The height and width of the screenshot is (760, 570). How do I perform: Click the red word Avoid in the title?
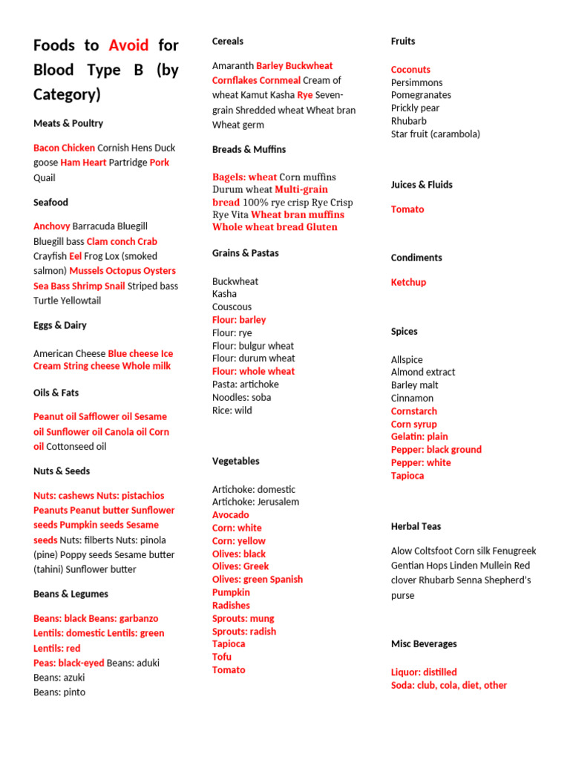(128, 45)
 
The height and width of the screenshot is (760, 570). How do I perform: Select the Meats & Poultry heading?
(68, 123)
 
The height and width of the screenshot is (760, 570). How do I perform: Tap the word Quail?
(45, 177)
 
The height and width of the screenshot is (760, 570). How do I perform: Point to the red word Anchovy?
(52, 226)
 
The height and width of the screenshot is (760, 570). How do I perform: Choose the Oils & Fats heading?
(56, 393)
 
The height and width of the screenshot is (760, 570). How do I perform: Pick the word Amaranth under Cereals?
(232, 66)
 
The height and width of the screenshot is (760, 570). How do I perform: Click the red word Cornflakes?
(235, 80)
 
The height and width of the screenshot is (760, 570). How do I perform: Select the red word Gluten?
(321, 227)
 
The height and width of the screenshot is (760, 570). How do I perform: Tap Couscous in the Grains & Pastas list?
(232, 307)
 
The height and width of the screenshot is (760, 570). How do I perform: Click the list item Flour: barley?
(239, 320)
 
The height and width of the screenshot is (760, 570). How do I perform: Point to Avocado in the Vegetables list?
(231, 515)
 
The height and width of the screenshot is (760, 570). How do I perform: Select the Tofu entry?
(222, 657)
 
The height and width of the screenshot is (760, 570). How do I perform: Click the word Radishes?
(231, 606)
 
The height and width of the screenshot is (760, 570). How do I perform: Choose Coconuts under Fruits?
(410, 70)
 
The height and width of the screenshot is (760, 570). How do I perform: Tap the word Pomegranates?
(421, 95)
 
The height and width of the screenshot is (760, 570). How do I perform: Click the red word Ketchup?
(408, 282)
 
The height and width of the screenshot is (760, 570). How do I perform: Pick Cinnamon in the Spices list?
(412, 399)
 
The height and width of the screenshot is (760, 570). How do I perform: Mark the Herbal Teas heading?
(416, 526)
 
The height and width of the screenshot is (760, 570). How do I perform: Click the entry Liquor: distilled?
(424, 672)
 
